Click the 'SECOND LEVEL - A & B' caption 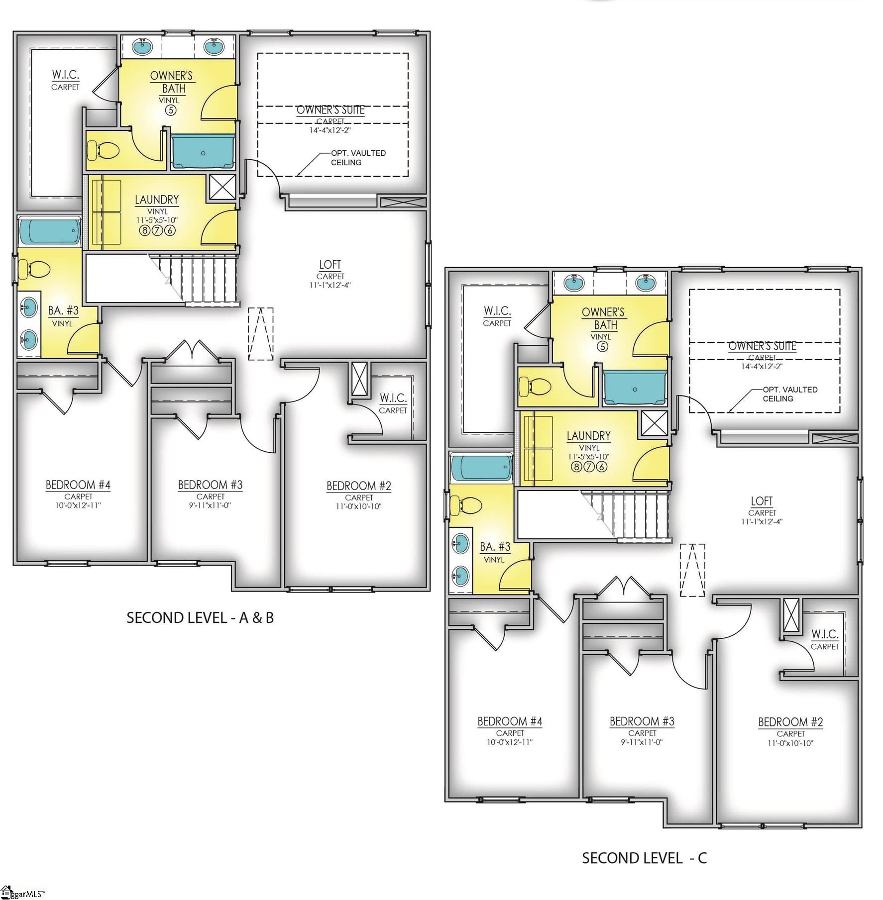(x=200, y=617)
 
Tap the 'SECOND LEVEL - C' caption (x=644, y=858)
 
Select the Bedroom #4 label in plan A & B (x=78, y=485)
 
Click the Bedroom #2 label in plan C (x=790, y=722)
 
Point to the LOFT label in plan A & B (x=330, y=265)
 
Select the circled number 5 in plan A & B (x=170, y=110)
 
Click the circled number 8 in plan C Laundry (x=576, y=467)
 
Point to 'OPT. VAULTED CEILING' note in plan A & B (x=358, y=158)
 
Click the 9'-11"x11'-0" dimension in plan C (x=642, y=742)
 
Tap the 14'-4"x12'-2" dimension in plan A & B (x=331, y=130)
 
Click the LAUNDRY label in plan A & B (x=157, y=200)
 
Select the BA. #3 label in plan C (x=495, y=547)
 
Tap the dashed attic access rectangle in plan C (x=692, y=570)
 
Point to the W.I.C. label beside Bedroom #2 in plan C (x=824, y=634)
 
